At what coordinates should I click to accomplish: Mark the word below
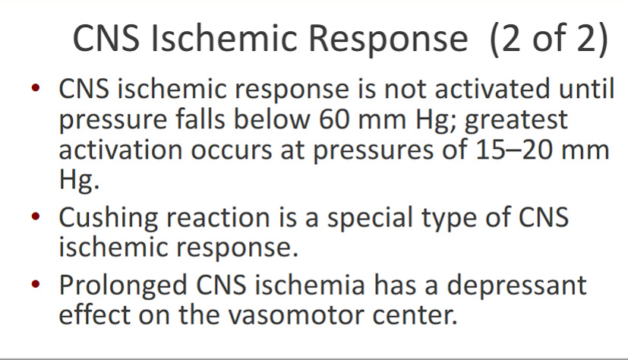pos(266,120)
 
